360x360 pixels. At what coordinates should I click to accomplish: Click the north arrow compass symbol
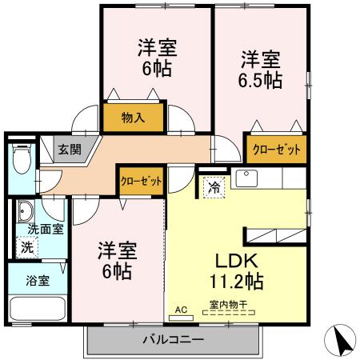(x=342, y=342)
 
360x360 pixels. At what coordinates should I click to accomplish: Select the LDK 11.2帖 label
(x=234, y=271)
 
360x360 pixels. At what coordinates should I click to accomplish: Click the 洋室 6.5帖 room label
(x=261, y=70)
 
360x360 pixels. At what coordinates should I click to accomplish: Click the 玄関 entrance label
(x=69, y=149)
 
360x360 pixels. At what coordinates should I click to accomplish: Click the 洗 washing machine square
(x=27, y=247)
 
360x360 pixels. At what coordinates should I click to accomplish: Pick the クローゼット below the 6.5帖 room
(x=276, y=149)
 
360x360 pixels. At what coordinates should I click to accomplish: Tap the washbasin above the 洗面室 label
(x=26, y=212)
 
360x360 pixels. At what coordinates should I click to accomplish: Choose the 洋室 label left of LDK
(x=117, y=250)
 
